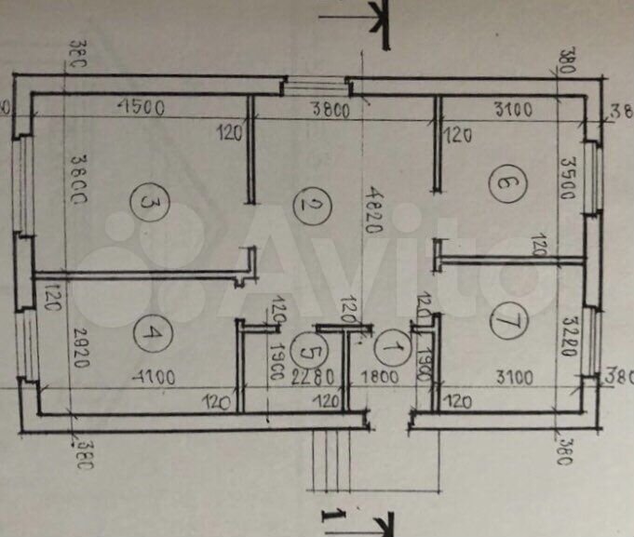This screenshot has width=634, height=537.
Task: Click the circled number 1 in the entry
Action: click(x=392, y=349)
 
